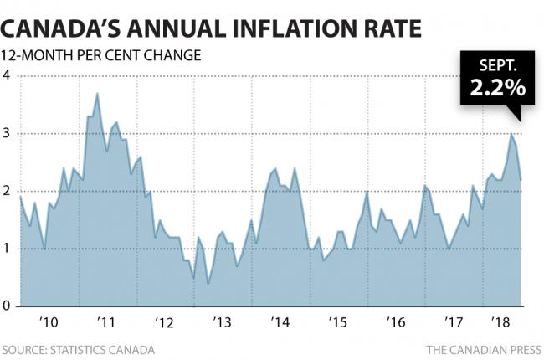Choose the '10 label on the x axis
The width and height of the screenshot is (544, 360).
click(49, 321)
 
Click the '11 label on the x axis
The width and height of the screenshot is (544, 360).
click(106, 321)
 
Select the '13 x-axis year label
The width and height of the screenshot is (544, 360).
click(223, 321)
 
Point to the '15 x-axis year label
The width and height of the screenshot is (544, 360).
click(339, 321)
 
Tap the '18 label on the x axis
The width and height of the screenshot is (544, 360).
click(500, 321)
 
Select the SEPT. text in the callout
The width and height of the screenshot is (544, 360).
click(497, 65)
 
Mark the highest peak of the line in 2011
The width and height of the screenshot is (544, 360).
click(98, 93)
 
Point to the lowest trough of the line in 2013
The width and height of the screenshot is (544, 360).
click(208, 284)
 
